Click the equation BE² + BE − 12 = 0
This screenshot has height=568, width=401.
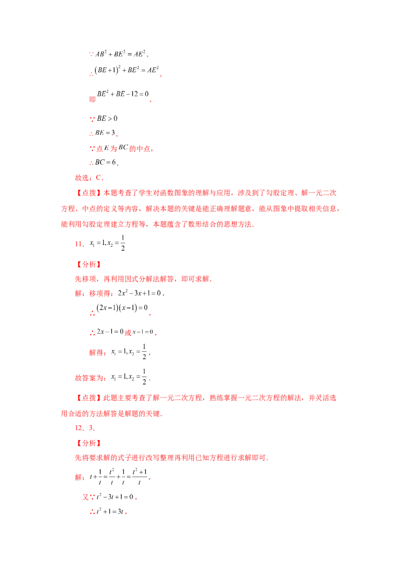[123, 94]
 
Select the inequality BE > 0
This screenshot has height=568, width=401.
[107, 118]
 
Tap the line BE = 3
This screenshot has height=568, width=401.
[105, 133]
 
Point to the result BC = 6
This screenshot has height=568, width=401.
[105, 162]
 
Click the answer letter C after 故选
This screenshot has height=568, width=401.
[98, 178]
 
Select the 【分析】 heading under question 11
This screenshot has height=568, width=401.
[88, 264]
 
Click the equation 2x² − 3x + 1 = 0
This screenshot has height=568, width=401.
[139, 293]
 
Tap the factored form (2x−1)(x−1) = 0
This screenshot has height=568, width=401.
[122, 308]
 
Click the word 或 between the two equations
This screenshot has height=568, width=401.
[128, 333]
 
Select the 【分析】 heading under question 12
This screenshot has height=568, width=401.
[88, 444]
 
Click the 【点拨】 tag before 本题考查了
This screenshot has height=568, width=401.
[88, 193]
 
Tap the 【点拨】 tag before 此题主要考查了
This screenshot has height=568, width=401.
[88, 398]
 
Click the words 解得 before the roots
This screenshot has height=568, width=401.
[96, 353]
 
